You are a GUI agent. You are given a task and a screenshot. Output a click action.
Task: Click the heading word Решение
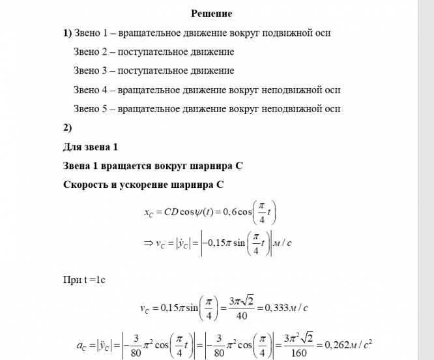click(x=212, y=13)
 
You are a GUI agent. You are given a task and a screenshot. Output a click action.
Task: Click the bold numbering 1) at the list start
click(x=67, y=32)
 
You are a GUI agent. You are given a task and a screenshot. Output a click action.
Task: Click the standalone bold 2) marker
click(x=67, y=128)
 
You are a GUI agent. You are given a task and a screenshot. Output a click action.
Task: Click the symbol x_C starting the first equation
click(x=150, y=212)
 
